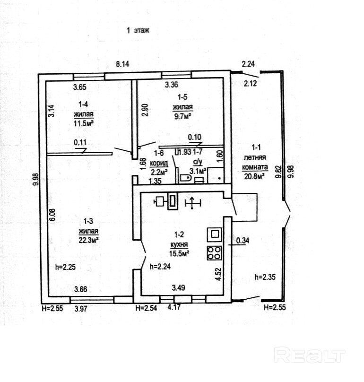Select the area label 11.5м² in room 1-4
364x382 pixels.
pos(83,124)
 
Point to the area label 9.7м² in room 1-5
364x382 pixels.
pos(182,115)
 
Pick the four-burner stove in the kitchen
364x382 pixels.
pos(214,253)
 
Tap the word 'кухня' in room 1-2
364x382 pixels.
pos(180,245)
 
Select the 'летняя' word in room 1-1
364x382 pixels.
pos(255,158)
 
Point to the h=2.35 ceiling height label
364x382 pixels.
pos(265,277)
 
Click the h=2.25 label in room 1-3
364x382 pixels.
pos(65,267)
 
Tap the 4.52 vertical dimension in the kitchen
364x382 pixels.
pos(218,274)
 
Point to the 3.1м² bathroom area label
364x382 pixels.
pos(198,171)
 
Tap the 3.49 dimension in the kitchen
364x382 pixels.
pos(179,287)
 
